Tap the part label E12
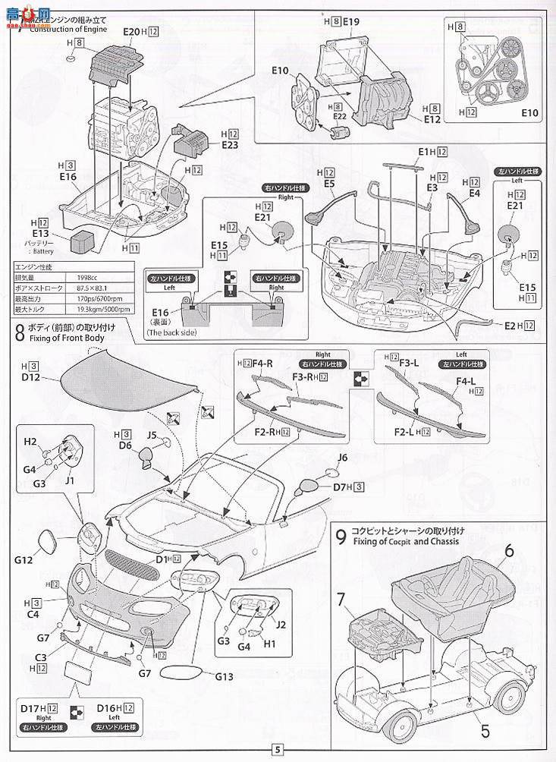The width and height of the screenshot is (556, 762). pos(432,119)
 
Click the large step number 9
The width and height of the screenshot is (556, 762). pos(342,537)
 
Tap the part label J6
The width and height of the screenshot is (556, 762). pos(342,457)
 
